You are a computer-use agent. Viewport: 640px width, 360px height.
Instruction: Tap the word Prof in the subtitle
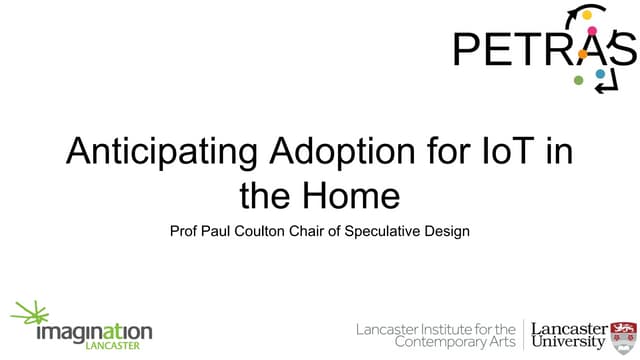coord(187,231)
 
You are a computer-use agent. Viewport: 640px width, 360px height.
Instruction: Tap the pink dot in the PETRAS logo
coord(592,31)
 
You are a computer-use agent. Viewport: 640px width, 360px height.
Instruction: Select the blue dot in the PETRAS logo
coord(600,74)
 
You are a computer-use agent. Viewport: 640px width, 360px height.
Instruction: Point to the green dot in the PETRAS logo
coord(578,80)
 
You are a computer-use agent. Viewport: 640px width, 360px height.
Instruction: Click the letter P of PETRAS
coord(469,49)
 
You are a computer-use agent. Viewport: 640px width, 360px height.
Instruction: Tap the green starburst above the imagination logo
coord(31,312)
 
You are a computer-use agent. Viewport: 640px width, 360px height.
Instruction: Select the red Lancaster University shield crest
coord(623,336)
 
